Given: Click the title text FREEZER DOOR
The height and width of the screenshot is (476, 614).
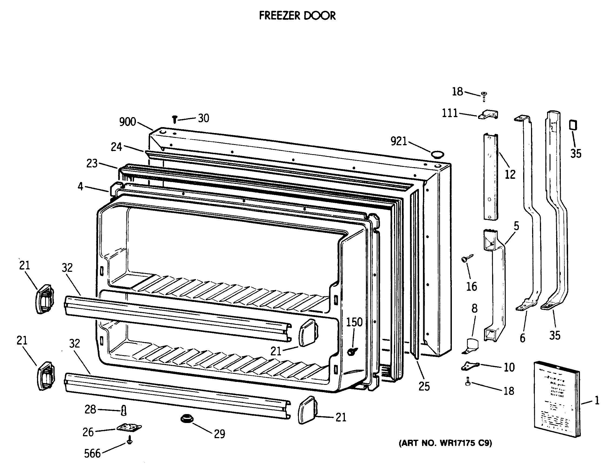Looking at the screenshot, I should coord(297,16).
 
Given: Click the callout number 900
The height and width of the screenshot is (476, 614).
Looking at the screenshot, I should coord(127,122).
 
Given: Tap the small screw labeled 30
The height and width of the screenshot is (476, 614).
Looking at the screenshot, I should coord(174,119).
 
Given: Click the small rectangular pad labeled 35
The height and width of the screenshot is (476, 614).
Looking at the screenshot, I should coord(573,125).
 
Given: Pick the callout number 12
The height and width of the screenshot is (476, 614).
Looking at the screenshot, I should coord(510,174).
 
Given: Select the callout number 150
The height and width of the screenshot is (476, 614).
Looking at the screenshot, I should coord(354,322).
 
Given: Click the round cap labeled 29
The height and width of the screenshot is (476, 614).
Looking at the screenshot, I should coord(187,419).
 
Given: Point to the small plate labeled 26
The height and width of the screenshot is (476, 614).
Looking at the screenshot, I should coord(129,428).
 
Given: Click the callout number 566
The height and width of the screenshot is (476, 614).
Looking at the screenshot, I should coord(92,454).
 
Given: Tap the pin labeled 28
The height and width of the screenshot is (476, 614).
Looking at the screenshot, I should coord(124,411).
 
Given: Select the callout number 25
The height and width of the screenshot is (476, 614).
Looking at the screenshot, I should coord(424,387).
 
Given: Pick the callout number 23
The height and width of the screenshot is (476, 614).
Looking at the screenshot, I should coord(92,163).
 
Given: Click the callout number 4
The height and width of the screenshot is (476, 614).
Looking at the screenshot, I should coord(81,186).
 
